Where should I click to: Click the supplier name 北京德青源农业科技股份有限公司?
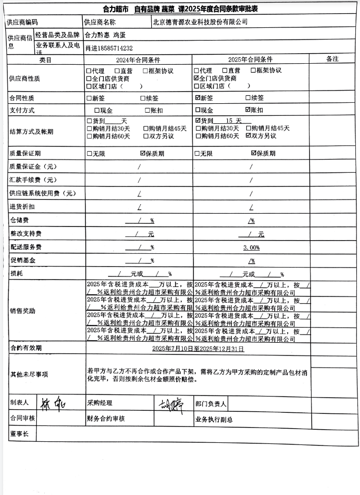coord(200,22)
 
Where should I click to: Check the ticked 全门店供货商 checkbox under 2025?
coord(197,78)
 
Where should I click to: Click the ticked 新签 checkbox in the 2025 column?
coord(197,98)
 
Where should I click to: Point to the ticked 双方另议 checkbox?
coord(249,136)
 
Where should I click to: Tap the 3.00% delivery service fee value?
coord(251,247)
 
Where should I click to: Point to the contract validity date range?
coord(198,349)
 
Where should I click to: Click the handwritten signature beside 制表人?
coord(51,404)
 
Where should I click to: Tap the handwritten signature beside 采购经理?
coord(169,405)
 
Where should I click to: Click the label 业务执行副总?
coord(213,420)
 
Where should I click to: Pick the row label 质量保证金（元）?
coord(33,166)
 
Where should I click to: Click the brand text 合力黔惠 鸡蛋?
coord(105,35)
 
